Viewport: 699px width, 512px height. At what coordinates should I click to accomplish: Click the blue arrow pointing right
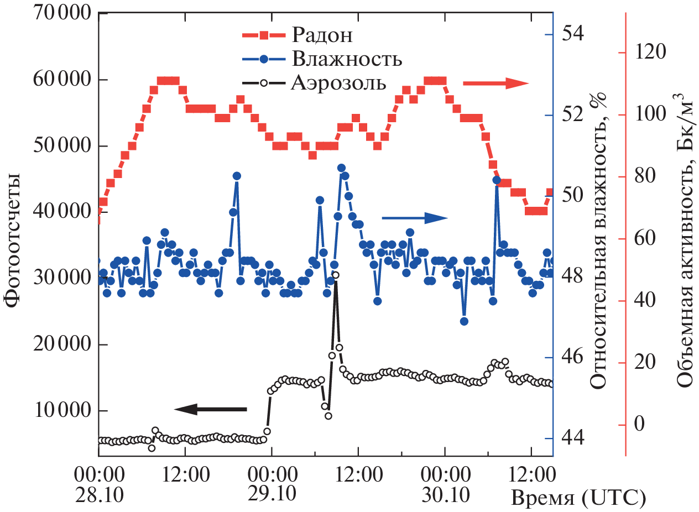pyautogui.click(x=414, y=218)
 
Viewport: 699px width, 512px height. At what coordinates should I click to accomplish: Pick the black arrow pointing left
pyautogui.click(x=211, y=409)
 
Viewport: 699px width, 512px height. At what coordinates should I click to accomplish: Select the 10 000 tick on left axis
pyautogui.click(x=55, y=410)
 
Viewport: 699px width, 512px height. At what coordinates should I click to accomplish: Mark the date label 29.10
pyautogui.click(x=271, y=494)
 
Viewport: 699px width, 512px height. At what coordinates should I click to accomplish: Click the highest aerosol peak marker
pyautogui.click(x=335, y=275)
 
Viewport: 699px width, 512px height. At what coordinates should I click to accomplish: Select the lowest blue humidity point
pyautogui.click(x=464, y=321)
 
